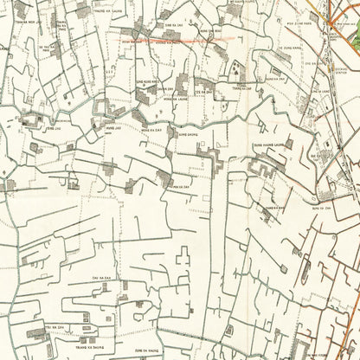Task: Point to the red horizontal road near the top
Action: pos(173,39)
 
